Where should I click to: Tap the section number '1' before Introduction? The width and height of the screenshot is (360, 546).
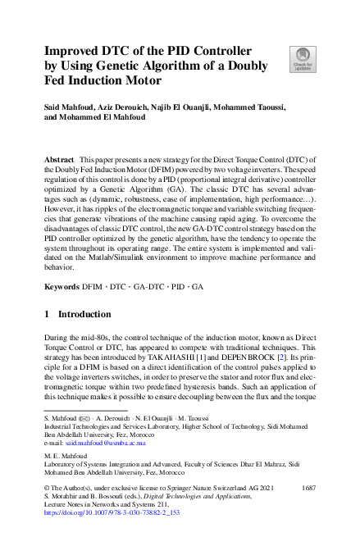coord(48,314)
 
